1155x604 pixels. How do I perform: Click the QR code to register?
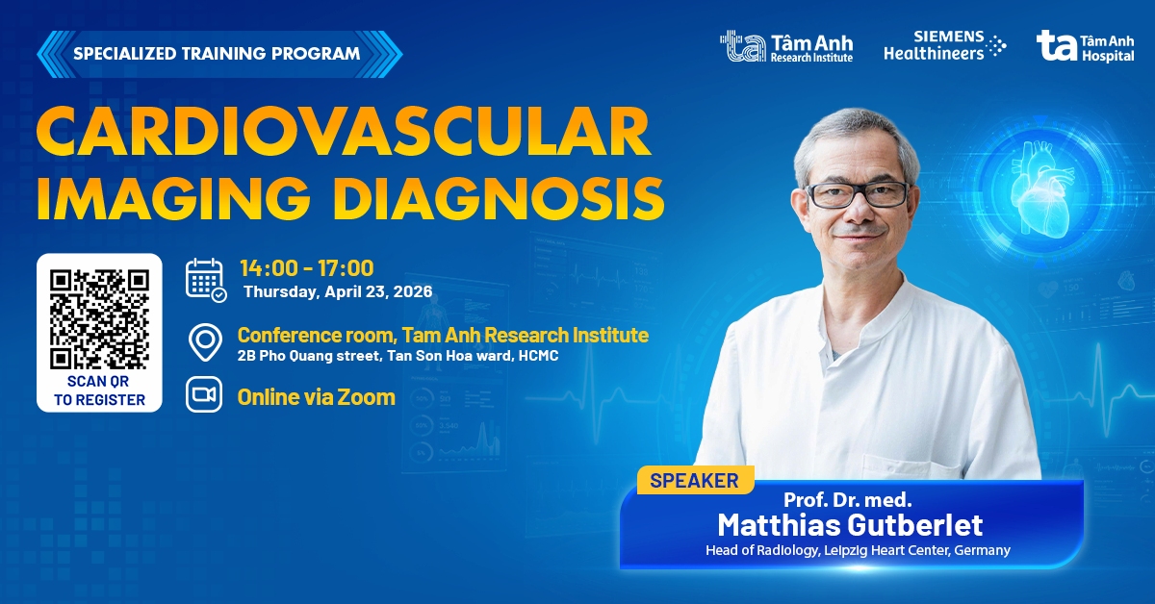[99, 318]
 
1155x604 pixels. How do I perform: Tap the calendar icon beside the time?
[205, 279]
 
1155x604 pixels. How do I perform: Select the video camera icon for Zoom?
[205, 395]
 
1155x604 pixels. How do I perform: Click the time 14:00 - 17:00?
[306, 268]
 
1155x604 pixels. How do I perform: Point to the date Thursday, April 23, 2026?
[337, 291]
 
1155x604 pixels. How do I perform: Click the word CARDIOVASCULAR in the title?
[344, 134]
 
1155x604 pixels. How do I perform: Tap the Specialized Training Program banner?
[218, 53]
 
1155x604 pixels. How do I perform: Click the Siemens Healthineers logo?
[944, 46]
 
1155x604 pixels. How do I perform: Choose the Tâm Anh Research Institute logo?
[786, 46]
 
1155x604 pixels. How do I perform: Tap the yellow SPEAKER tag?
[694, 480]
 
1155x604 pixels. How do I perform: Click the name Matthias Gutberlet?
[850, 525]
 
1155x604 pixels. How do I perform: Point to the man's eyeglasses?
[858, 193]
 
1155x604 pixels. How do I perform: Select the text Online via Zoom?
[317, 396]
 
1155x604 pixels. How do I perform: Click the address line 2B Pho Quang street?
[398, 356]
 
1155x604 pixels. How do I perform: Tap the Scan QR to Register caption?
[99, 390]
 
